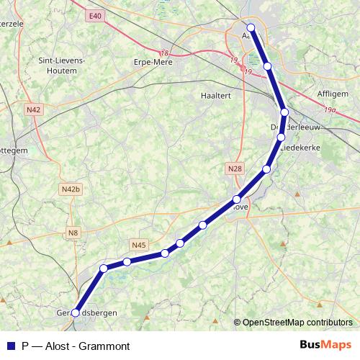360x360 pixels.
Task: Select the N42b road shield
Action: [x=70, y=189]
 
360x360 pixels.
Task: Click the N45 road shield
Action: [x=139, y=245]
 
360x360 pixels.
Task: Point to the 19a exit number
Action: [x=330, y=110]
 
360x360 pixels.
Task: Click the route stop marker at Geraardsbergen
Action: [x=76, y=312]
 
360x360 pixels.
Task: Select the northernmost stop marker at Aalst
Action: [x=251, y=28]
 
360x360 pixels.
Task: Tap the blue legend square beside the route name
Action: [x=10, y=345]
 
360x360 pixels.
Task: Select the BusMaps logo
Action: [x=326, y=345]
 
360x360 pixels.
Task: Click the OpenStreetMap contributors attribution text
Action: [x=297, y=322]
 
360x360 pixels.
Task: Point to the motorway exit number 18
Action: [x=165, y=53]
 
